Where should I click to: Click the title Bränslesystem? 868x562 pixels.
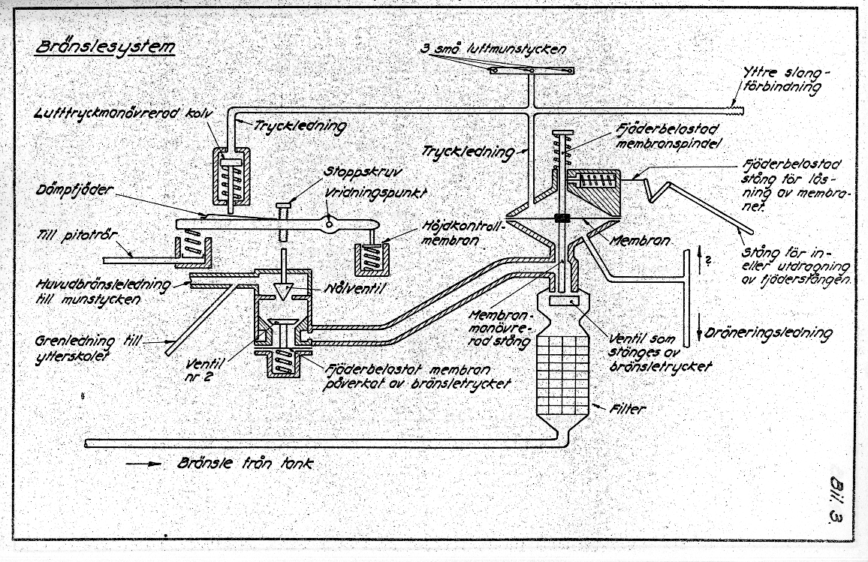click(x=105, y=47)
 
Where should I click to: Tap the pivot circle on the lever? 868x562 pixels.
click(x=328, y=221)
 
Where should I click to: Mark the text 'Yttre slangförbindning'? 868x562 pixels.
click(x=784, y=79)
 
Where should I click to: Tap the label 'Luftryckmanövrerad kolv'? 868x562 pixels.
click(x=125, y=113)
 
